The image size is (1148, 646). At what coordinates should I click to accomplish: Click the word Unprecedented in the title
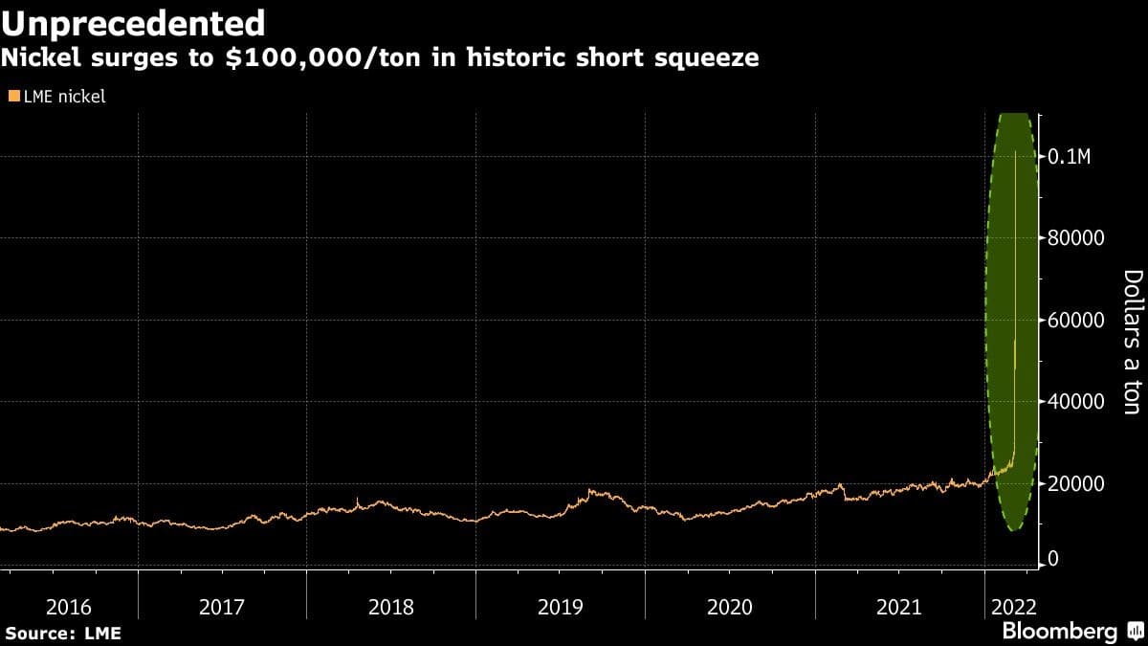click(x=133, y=23)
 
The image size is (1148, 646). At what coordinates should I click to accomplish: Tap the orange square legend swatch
click(x=13, y=96)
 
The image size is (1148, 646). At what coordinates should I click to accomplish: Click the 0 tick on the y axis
click(x=1053, y=558)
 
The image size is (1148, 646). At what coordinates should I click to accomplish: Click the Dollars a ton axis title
click(x=1131, y=342)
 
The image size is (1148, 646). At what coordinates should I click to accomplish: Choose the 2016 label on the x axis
click(x=68, y=606)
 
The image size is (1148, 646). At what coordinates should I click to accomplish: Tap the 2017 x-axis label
click(x=222, y=606)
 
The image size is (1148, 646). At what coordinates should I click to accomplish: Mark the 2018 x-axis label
click(x=391, y=606)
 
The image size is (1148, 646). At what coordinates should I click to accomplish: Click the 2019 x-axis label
click(x=561, y=606)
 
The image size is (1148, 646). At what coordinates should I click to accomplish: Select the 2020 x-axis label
click(x=730, y=606)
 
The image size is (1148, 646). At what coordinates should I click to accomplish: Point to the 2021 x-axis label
click(x=899, y=606)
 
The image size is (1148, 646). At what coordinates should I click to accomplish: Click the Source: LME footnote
click(x=63, y=633)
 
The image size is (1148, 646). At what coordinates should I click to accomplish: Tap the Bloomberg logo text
click(x=1059, y=632)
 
